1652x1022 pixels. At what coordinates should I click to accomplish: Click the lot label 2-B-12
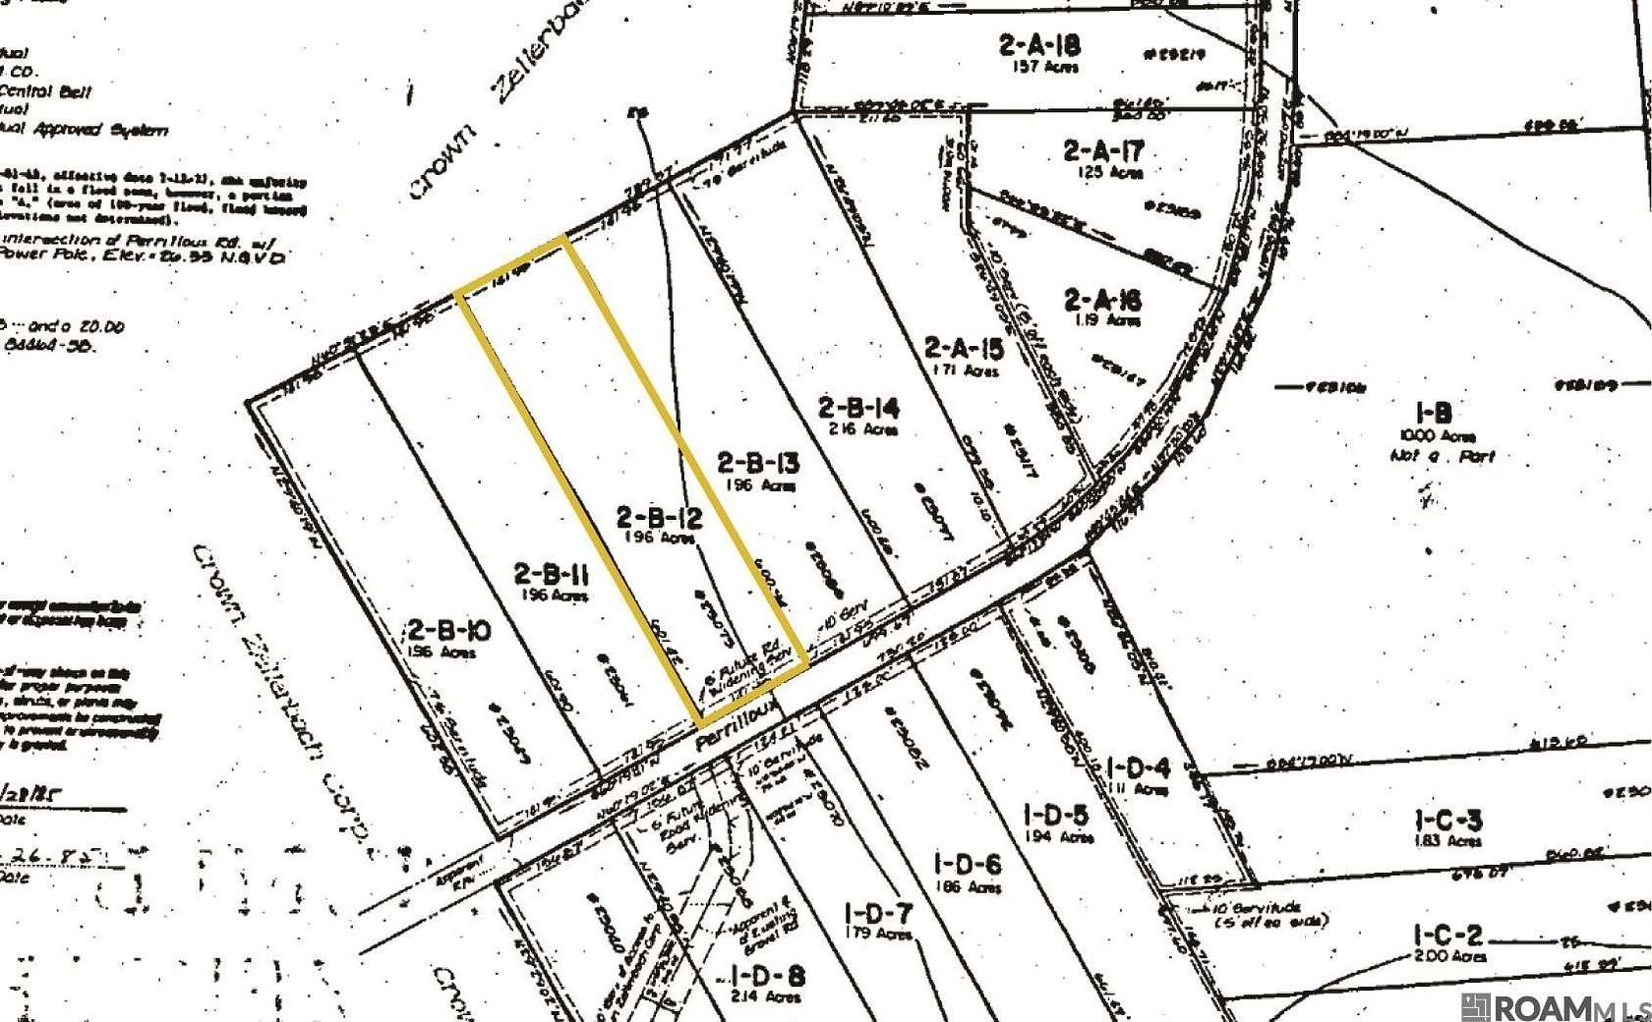[659, 517]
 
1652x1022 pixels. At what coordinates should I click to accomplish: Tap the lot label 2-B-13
[757, 462]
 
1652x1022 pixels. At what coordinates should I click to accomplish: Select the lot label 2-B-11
[551, 573]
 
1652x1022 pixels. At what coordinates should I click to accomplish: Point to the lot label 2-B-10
[448, 630]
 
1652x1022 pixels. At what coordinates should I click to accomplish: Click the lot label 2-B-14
[858, 407]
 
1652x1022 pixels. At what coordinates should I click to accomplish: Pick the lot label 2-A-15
[964, 348]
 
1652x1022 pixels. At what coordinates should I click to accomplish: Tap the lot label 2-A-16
[1102, 299]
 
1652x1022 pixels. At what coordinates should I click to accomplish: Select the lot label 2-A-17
[1103, 151]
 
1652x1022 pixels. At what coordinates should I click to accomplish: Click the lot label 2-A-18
[1039, 44]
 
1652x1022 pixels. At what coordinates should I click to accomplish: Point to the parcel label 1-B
[1434, 413]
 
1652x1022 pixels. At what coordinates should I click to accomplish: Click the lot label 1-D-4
[1138, 767]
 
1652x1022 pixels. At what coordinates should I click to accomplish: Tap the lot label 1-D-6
[969, 865]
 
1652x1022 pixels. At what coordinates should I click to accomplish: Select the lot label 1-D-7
[878, 914]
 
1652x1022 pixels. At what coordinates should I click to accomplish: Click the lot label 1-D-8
[768, 977]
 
